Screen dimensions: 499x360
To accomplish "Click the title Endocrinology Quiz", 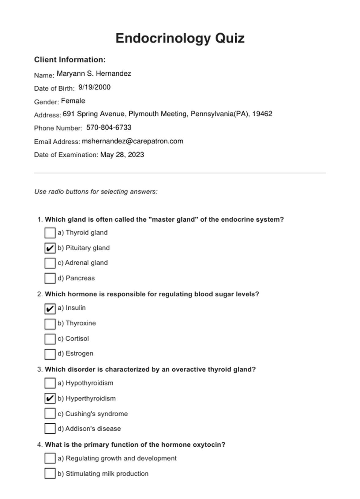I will coord(180,38).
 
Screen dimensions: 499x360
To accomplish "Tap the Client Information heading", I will coord(70,60).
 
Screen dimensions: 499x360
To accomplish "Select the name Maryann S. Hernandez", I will coord(94,73).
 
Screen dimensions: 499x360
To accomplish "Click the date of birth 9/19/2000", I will coord(94,87).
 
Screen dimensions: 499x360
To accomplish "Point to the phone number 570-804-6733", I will coord(109,127).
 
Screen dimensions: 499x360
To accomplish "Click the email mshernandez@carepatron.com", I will coord(133,141).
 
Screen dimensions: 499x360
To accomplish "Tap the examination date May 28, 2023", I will coord(122,155).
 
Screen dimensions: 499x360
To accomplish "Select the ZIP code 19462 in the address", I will coord(262,114).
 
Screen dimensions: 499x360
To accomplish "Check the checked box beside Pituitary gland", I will coord(50,248).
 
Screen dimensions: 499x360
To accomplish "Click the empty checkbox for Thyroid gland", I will coord(50,233).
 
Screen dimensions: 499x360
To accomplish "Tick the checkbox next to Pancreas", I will coord(50,278).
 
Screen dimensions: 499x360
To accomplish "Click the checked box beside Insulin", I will coord(50,308).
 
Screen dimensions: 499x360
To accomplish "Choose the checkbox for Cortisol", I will coord(50,339).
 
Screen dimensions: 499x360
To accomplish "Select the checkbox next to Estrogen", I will coord(50,354).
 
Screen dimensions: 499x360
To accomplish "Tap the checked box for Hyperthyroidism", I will coord(50,398).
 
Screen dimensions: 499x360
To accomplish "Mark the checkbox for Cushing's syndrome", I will coord(50,414).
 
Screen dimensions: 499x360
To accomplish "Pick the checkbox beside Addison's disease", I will coord(50,429).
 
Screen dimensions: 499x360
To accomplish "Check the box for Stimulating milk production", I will coord(50,474).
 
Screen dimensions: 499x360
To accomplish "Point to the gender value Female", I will coord(73,101).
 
